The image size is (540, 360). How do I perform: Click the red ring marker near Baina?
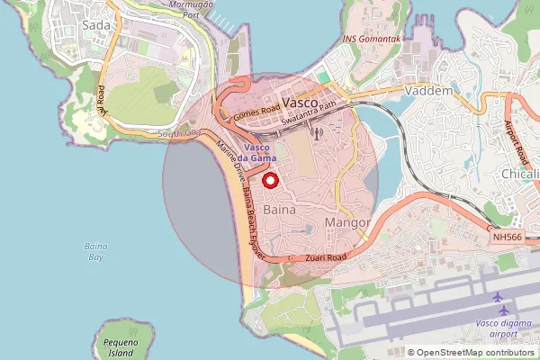pyautogui.click(x=270, y=180)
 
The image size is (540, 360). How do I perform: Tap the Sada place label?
pyautogui.click(x=95, y=25)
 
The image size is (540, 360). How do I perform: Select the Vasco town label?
pyautogui.click(x=300, y=103)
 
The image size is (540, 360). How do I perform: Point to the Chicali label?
pyautogui.click(x=520, y=174)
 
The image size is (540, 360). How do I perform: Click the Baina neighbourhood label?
pyautogui.click(x=281, y=210)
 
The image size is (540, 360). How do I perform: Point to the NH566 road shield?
pyautogui.click(x=508, y=237)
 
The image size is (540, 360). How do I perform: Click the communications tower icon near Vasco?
pyautogui.click(x=315, y=134)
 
